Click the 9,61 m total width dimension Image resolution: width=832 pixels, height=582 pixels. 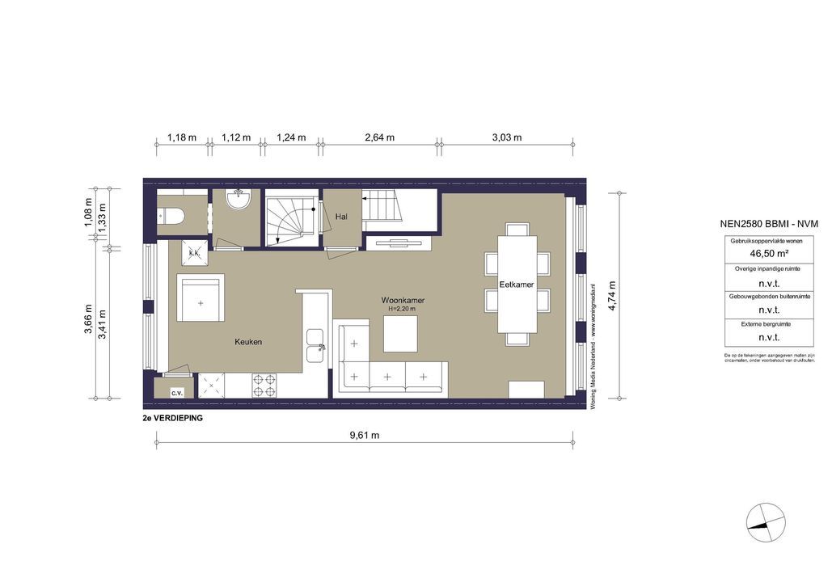tap(364, 435)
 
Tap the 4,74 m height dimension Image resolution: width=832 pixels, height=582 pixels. tap(612, 295)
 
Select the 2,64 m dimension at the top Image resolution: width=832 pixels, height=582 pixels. tap(379, 137)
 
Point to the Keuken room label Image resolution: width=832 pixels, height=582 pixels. tap(248, 342)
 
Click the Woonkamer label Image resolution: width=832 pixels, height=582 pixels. tap(403, 300)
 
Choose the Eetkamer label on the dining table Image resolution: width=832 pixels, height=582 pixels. tap(516, 285)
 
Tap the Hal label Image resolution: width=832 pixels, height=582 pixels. tap(341, 217)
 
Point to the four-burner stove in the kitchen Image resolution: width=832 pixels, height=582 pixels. tap(264, 385)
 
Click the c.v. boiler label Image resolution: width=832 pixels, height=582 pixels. tap(176, 392)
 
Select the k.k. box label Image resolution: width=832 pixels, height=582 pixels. tap(193, 253)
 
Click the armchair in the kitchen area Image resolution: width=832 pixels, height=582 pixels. tap(201, 298)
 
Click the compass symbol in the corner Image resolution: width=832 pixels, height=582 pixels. tap(765, 523)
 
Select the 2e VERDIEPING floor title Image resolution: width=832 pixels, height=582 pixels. tap(172, 419)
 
